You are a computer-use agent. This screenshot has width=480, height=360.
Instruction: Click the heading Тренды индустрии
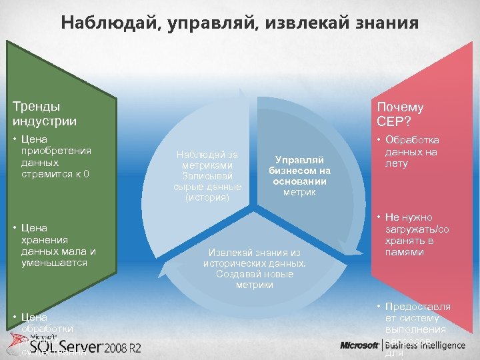pos(44,113)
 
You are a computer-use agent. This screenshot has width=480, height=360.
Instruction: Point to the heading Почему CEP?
pos(400,114)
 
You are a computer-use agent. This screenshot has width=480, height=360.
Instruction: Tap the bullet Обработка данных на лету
pos(411,152)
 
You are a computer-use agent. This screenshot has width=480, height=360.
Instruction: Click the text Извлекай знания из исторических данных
pos(255,258)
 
